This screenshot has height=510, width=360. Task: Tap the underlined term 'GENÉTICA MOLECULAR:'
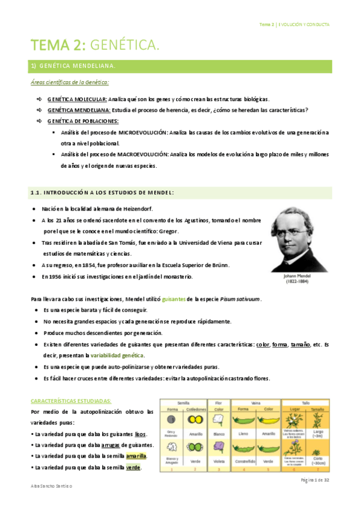pos(77,99)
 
